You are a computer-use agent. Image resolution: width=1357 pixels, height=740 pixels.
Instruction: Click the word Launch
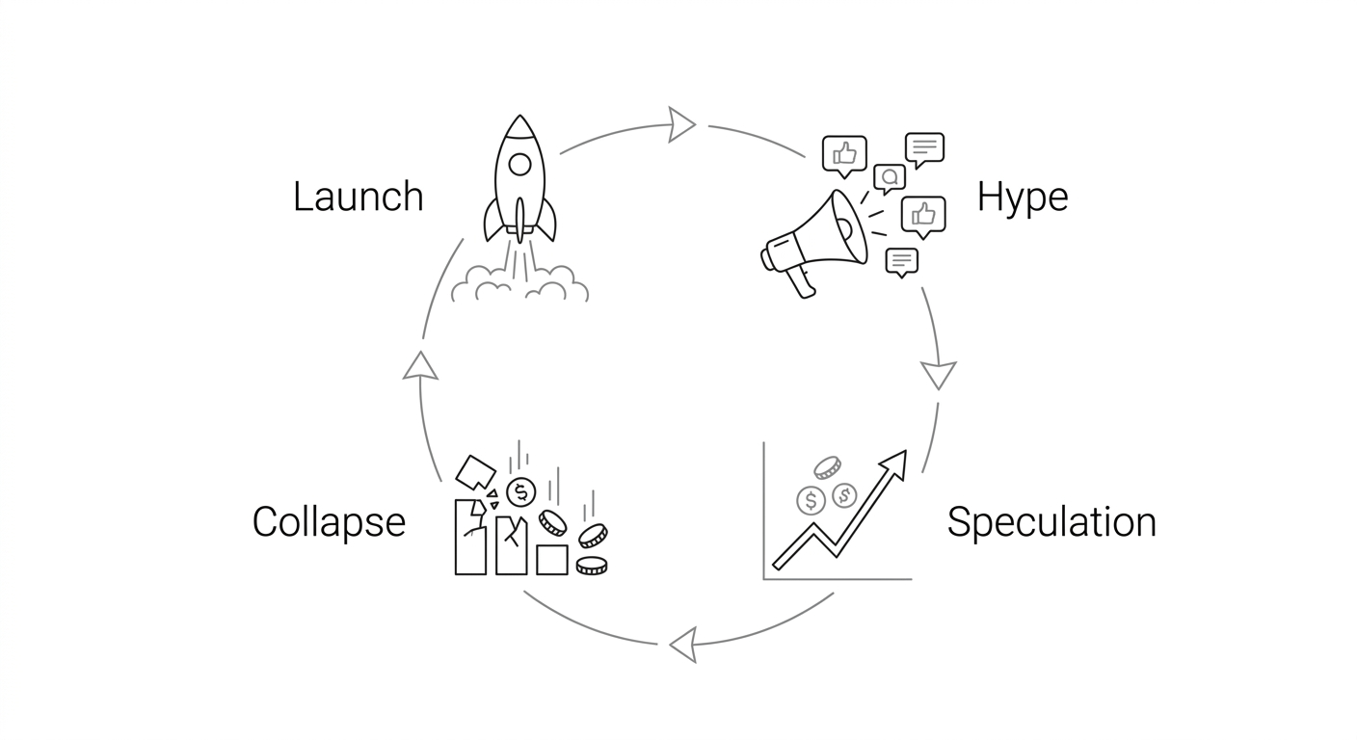click(x=358, y=197)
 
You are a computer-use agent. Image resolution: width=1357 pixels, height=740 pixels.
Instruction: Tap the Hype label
click(x=1022, y=197)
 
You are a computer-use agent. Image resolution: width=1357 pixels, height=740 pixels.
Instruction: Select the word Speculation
click(x=1051, y=522)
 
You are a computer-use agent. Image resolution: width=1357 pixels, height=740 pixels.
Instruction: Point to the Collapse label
click(x=329, y=522)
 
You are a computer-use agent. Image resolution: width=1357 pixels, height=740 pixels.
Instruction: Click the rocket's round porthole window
click(x=519, y=164)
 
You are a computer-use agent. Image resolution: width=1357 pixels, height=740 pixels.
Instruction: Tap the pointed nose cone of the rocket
click(x=519, y=125)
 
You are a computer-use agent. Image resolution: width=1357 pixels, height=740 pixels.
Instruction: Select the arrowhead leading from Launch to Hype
click(x=681, y=124)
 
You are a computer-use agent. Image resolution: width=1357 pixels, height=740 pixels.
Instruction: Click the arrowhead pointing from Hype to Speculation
click(x=938, y=374)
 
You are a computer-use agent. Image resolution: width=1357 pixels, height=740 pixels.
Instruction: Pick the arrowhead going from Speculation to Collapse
click(x=683, y=645)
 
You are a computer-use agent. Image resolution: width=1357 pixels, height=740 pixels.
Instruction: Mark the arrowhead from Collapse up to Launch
click(x=420, y=365)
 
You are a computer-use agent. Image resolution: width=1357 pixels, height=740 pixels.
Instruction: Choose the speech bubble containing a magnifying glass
click(x=889, y=177)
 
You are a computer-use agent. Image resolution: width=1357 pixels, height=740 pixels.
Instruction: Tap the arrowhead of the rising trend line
click(x=897, y=461)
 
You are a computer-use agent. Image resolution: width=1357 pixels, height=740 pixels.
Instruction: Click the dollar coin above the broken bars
click(x=520, y=492)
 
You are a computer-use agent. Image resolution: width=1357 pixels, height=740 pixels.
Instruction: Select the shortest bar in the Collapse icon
click(x=551, y=560)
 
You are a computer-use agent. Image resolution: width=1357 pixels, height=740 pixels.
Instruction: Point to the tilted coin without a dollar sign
click(x=827, y=467)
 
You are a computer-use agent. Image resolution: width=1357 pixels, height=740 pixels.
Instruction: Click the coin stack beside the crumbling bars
click(x=591, y=566)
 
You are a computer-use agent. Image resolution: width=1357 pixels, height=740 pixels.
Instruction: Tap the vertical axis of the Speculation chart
click(x=763, y=511)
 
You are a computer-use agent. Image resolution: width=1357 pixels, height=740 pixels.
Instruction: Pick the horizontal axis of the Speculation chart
click(x=837, y=579)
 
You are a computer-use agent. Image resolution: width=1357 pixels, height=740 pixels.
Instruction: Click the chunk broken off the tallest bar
click(x=474, y=471)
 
